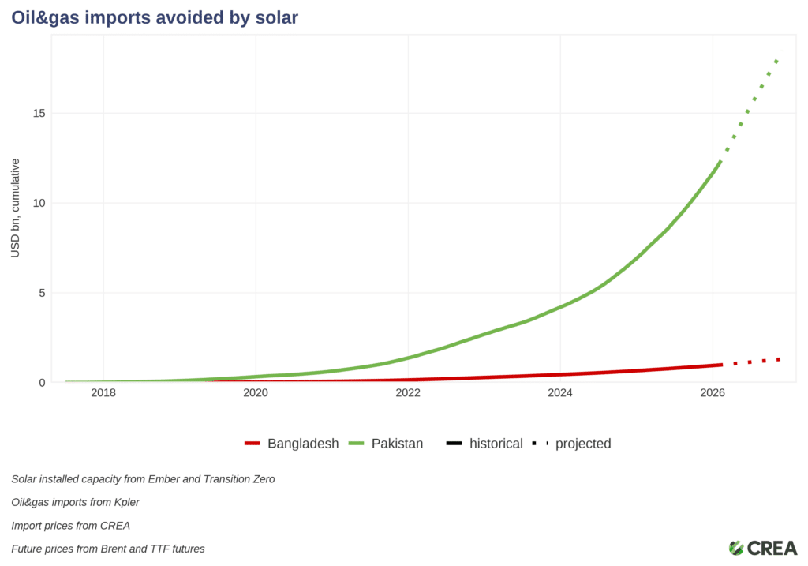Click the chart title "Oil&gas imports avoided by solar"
155,17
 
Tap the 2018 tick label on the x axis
103,393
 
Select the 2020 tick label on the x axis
256,393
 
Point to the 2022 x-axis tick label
408,393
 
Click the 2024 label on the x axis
560,393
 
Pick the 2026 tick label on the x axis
713,393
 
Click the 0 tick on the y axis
42,383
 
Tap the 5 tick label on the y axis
42,293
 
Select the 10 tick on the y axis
39,203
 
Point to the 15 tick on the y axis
39,113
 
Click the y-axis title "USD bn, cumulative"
15,208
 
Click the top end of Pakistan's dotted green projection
777,60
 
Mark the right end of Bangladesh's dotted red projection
779,359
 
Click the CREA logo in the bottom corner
762,548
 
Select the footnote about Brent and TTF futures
108,549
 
